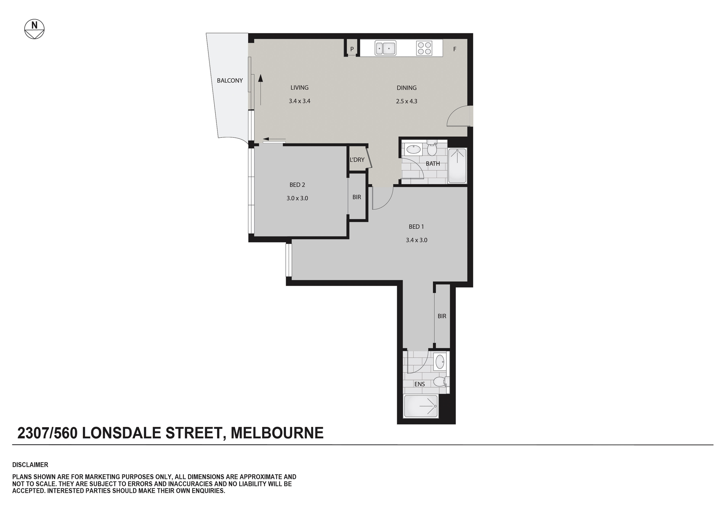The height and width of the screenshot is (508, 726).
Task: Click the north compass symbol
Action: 34,29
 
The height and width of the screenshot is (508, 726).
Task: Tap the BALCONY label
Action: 230,80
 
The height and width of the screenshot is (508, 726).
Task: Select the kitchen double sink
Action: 385,48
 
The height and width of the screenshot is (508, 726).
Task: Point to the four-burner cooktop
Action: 424,48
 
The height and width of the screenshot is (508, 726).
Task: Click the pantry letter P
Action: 352,49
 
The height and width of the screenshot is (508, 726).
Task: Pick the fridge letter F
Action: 454,49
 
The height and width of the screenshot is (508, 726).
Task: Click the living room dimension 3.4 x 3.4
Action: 299,101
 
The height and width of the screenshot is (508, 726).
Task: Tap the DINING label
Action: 407,88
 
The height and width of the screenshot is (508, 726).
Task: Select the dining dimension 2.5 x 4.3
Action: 407,101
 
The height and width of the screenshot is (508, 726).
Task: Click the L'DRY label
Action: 357,160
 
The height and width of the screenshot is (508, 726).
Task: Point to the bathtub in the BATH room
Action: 457,166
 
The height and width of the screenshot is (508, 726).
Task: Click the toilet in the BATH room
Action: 432,148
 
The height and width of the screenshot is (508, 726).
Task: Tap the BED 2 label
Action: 297,185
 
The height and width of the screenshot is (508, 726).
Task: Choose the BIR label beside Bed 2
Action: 357,197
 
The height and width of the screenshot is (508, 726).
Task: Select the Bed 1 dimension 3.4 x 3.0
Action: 416,240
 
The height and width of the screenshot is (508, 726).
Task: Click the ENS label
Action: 420,384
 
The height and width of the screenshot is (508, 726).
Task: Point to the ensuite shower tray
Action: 421,406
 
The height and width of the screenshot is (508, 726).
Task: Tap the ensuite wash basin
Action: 440,362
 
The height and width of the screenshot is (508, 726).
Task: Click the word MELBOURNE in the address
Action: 277,433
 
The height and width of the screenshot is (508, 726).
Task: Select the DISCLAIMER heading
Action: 30,465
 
